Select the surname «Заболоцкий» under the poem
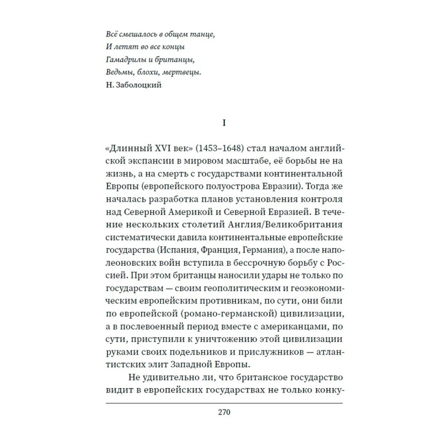point(136,85)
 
